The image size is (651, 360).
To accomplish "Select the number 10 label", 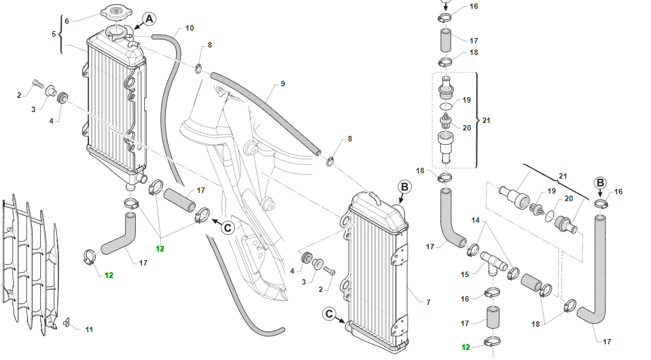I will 190,28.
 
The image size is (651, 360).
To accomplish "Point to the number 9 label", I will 282,85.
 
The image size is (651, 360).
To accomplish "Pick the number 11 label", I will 89,330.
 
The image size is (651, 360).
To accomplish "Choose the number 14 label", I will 476,221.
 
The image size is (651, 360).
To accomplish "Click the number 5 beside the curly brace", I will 54,33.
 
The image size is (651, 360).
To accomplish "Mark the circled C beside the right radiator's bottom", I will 329,314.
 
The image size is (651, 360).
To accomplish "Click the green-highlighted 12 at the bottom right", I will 465,347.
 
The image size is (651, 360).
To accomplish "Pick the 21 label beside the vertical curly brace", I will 486,120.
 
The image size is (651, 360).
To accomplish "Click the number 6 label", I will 67,21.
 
